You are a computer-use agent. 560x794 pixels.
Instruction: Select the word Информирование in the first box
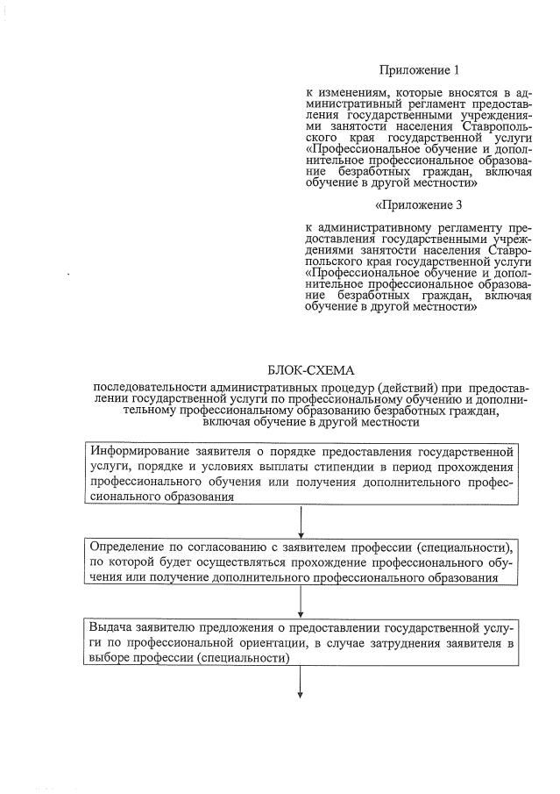pyautogui.click(x=137, y=452)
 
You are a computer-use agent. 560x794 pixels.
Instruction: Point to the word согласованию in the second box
pyautogui.click(x=221, y=547)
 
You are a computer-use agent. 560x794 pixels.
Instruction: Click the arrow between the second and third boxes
pyautogui.click(x=301, y=601)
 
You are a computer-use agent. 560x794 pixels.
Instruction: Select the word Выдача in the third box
pyautogui.click(x=110, y=628)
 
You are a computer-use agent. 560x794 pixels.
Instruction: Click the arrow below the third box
pyautogui.click(x=301, y=682)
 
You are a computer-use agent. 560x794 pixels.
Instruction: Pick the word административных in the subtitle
pyautogui.click(x=261, y=387)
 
